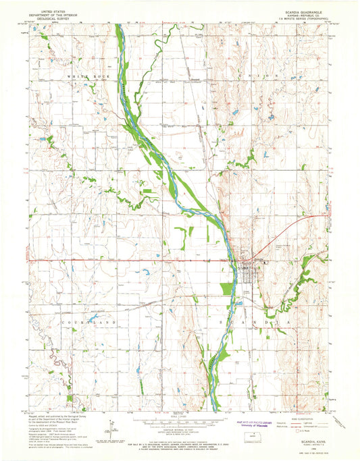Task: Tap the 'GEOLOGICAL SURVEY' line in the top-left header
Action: click(55, 19)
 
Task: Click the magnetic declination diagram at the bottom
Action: click(109, 427)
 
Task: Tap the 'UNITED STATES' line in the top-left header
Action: click(55, 11)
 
